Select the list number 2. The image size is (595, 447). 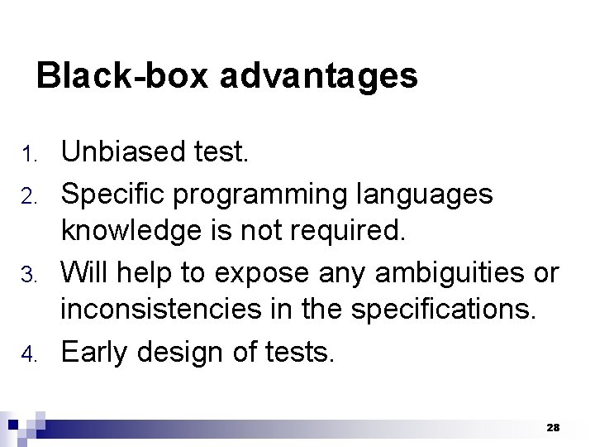pyautogui.click(x=30, y=196)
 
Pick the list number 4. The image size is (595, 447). pyautogui.click(x=30, y=354)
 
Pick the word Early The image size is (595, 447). pyautogui.click(x=93, y=353)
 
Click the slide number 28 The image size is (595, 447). pyautogui.click(x=553, y=427)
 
